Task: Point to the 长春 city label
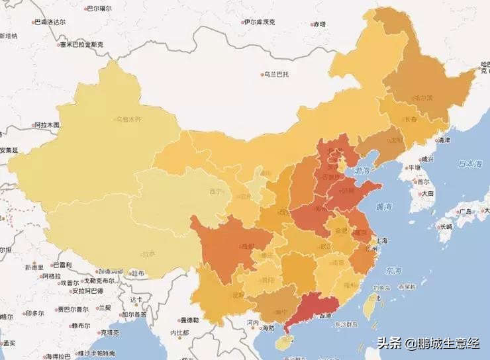pyautogui.click(x=411, y=120)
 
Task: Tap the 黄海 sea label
pyautogui.click(x=384, y=206)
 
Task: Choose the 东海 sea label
pyautogui.click(x=393, y=271)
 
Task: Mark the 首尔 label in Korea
pyautogui.click(x=418, y=181)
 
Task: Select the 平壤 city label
pyautogui.click(x=413, y=167)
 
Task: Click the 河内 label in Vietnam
pyautogui.click(x=252, y=322)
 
